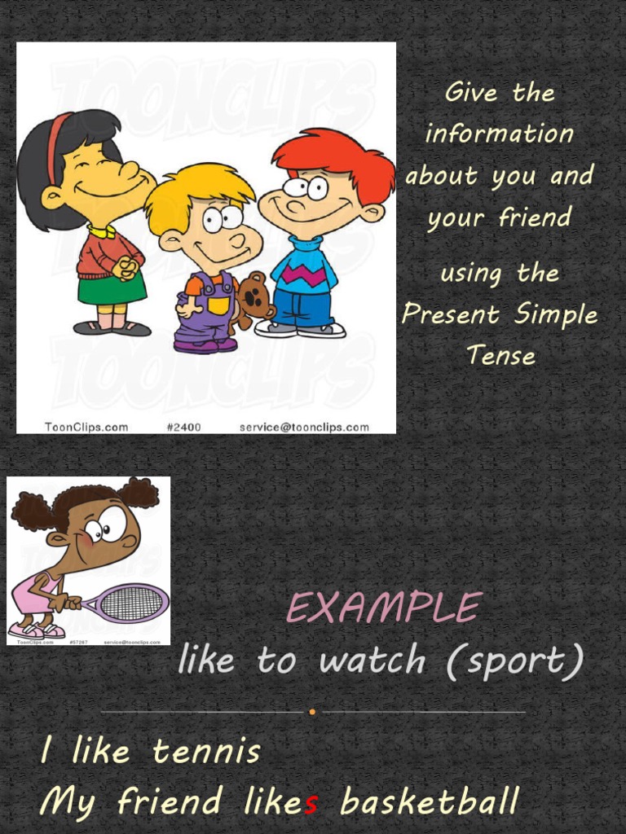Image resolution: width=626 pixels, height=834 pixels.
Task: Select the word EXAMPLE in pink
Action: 384,608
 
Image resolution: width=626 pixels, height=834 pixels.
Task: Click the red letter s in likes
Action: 311,803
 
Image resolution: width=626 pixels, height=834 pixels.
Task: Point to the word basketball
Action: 430,802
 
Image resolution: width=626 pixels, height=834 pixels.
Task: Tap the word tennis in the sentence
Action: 206,752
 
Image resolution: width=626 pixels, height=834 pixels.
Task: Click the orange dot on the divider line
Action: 312,712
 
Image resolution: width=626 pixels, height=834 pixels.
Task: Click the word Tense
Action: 500,355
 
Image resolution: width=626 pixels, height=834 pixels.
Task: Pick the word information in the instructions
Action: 500,134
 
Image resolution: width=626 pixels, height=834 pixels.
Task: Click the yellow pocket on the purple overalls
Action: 218,305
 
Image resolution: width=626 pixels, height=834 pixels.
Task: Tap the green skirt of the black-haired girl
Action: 112,288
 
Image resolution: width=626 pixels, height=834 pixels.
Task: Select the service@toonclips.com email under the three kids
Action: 304,427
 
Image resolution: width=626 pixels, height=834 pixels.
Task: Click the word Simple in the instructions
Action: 554,314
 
